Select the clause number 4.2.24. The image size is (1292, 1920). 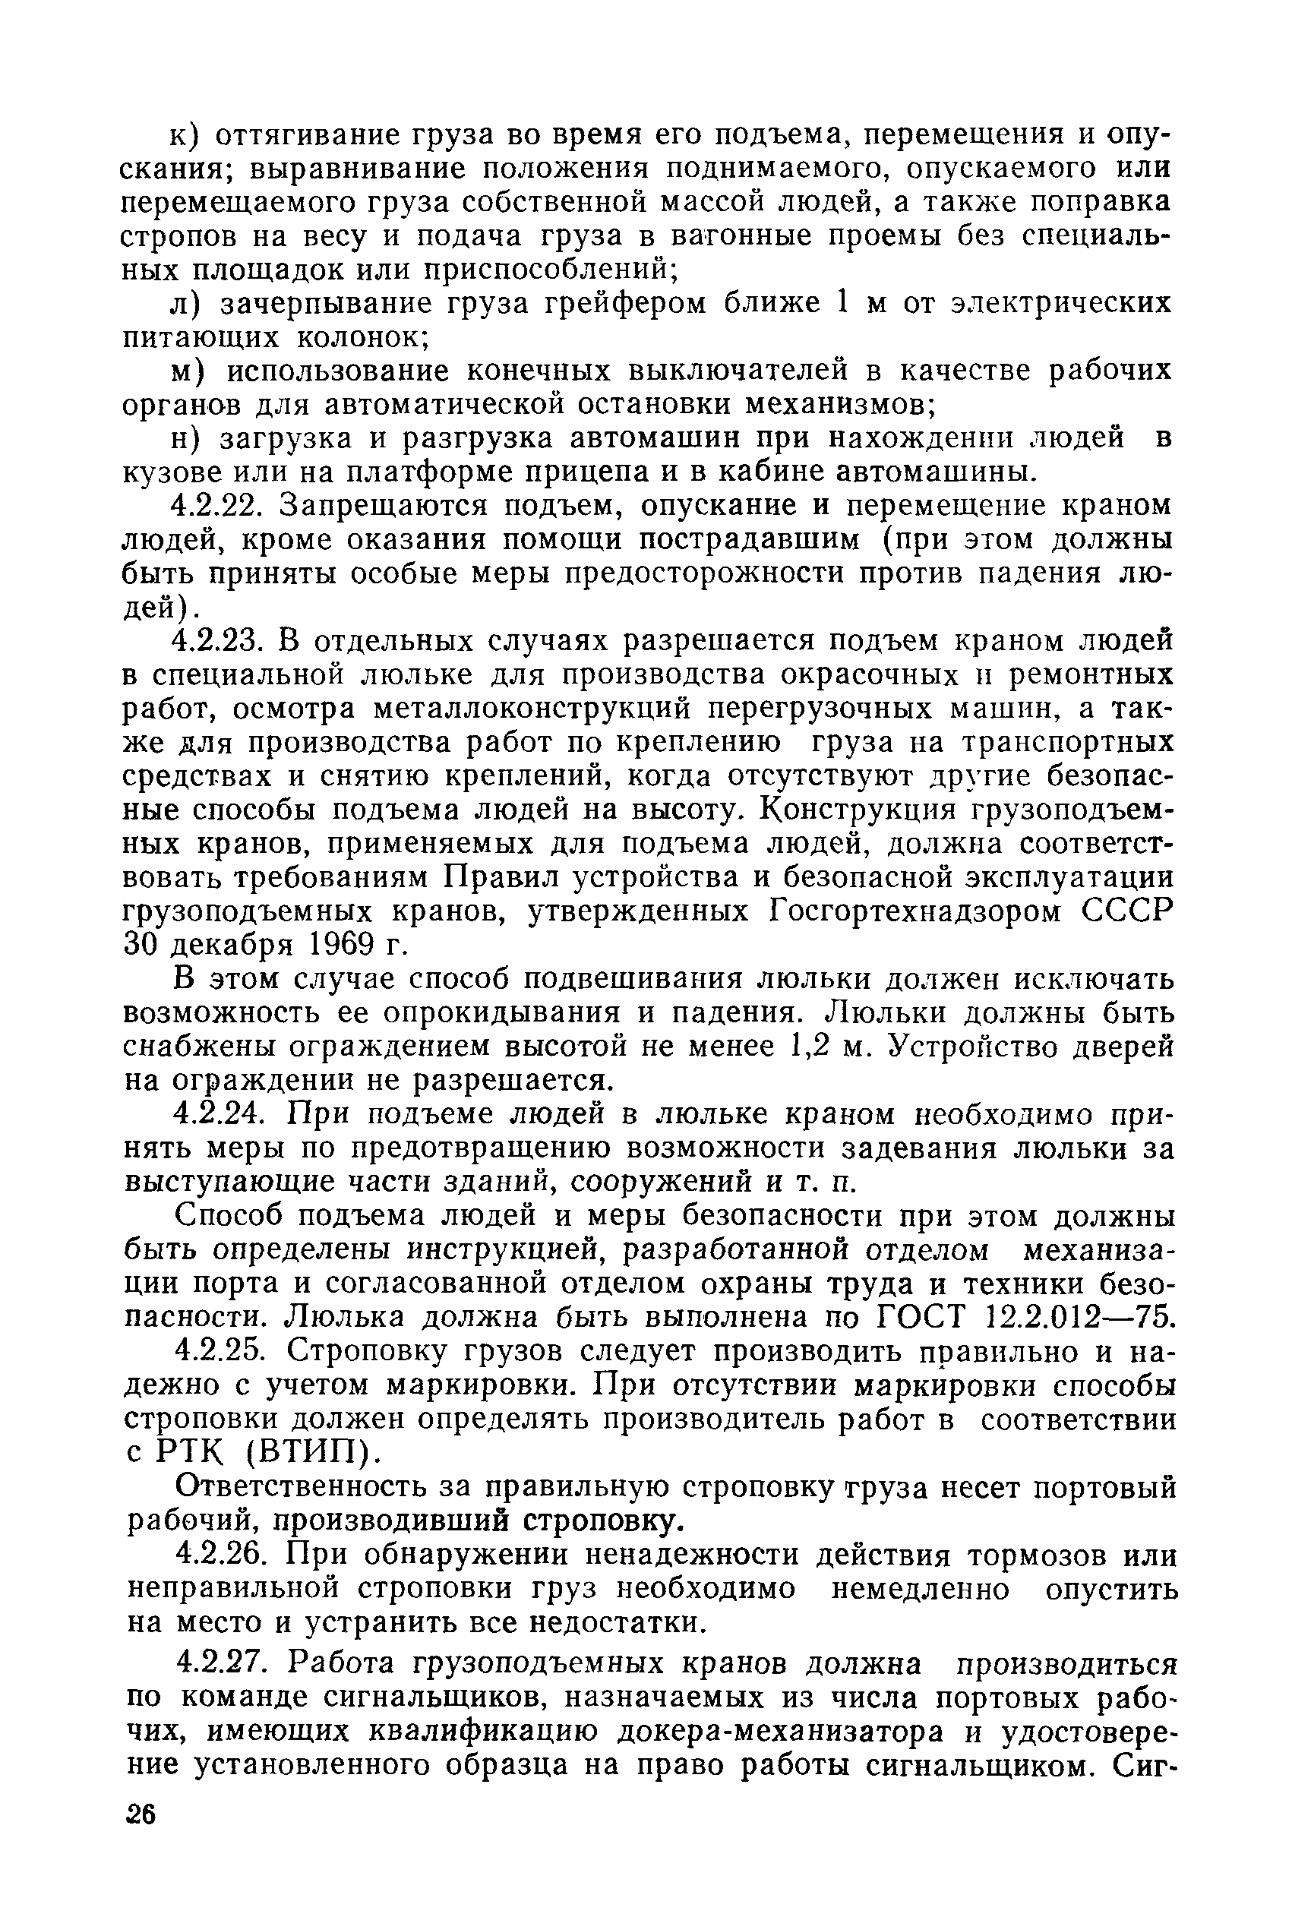pos(220,1114)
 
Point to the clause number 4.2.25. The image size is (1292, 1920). pos(220,1352)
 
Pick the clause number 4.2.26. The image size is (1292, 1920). pos(220,1555)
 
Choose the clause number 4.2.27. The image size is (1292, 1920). pos(220,1664)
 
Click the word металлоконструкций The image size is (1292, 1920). pos(540,709)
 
